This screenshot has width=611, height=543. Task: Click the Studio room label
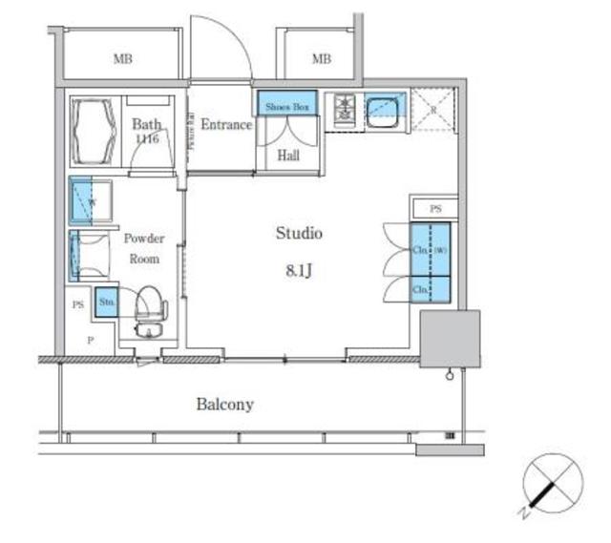tap(299, 233)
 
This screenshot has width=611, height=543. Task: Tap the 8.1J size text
tap(299, 269)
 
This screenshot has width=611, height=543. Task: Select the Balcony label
tap(225, 404)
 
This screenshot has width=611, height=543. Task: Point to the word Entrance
tap(226, 125)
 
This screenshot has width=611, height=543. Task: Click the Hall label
tap(289, 155)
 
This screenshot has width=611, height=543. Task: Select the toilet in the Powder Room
tap(150, 309)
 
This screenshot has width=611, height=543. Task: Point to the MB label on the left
tap(122, 59)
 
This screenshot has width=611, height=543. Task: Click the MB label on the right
tap(321, 59)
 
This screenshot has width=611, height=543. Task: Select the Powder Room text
tap(144, 248)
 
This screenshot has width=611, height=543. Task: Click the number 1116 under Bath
tap(146, 138)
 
